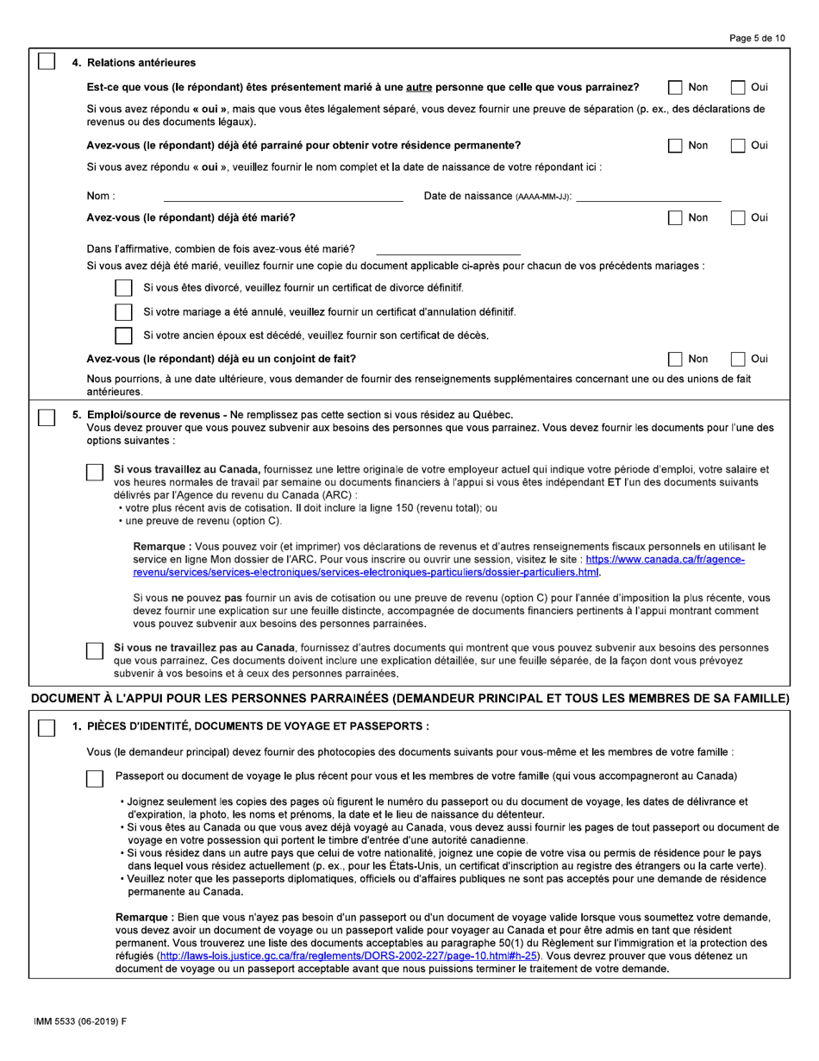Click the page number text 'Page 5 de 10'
click(756, 38)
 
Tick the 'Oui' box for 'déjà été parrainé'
click(739, 145)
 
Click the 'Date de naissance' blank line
click(647, 197)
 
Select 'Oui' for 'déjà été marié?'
click(739, 217)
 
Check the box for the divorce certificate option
click(123, 287)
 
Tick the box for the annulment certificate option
click(123, 311)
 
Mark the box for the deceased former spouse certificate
click(123, 336)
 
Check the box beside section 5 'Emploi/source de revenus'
click(47, 417)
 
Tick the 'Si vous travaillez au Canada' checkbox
click(96, 472)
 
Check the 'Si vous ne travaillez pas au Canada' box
click(96, 650)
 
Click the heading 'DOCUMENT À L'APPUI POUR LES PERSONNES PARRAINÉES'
click(409, 698)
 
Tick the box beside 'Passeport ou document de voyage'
click(96, 778)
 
